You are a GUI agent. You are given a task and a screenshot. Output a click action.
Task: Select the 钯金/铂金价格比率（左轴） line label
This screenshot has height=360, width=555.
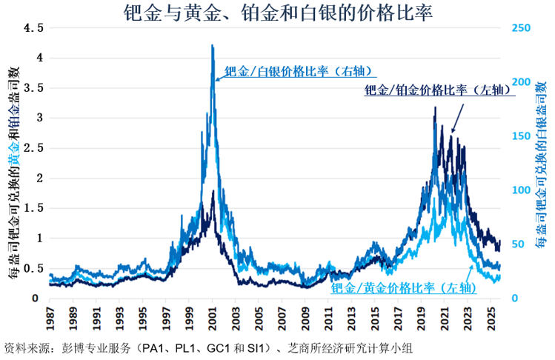(438, 90)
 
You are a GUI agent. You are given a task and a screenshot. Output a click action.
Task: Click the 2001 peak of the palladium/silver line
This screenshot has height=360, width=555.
(213, 46)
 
